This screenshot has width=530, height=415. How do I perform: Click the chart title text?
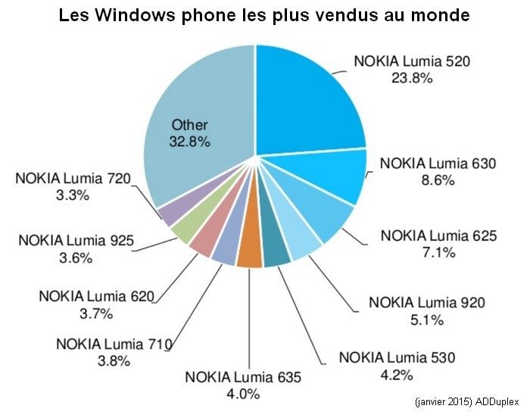tap(264, 15)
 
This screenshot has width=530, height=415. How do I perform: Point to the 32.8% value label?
tap(189, 141)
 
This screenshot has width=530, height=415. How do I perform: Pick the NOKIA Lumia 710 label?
tap(114, 345)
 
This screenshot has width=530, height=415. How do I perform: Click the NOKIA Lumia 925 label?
tap(76, 242)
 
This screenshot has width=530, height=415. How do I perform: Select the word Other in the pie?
tap(189, 125)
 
